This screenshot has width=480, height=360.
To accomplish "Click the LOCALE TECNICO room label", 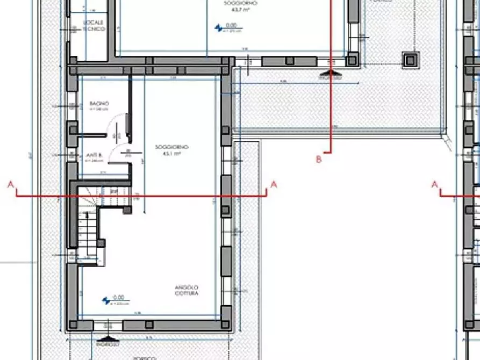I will [x=94, y=25].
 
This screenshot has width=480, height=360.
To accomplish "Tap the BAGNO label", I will [x=99, y=104].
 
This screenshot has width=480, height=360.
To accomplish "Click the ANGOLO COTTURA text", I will [x=187, y=291].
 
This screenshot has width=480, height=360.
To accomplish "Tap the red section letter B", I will [x=319, y=159].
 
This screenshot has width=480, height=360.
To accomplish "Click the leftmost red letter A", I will [x=10, y=185].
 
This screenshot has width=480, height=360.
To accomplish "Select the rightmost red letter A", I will [x=435, y=185].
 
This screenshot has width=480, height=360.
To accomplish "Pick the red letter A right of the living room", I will [x=274, y=185].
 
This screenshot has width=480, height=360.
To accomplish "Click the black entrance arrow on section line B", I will [x=330, y=73].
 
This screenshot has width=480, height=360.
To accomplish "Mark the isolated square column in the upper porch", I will [x=411, y=59].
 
